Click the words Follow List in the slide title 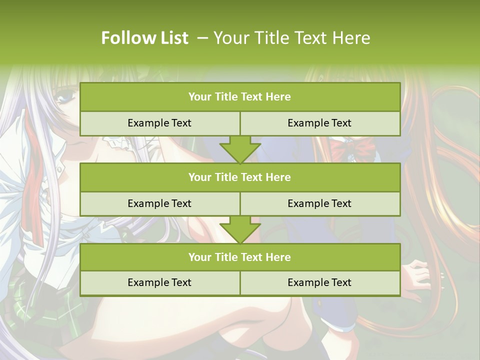point(144,38)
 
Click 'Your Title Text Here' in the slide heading point(291,38)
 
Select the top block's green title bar point(240,97)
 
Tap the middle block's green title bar point(240,177)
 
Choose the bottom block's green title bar point(240,257)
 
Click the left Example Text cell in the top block point(159,123)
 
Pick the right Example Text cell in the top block point(319,123)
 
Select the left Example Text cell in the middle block point(159,203)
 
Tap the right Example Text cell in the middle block point(319,203)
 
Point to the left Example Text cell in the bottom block point(159,282)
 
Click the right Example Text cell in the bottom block point(319,282)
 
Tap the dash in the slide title point(202,38)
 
